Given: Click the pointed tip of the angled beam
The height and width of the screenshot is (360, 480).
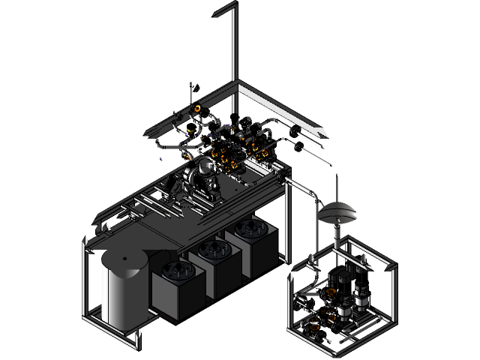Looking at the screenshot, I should pyautogui.click(x=326, y=134).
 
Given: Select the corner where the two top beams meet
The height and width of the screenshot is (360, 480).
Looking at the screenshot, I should pyautogui.click(x=237, y=84).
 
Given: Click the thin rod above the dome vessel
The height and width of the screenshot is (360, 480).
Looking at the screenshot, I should pyautogui.click(x=337, y=187).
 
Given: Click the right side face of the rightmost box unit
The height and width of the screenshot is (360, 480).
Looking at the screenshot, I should pyautogui.click(x=266, y=251).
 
